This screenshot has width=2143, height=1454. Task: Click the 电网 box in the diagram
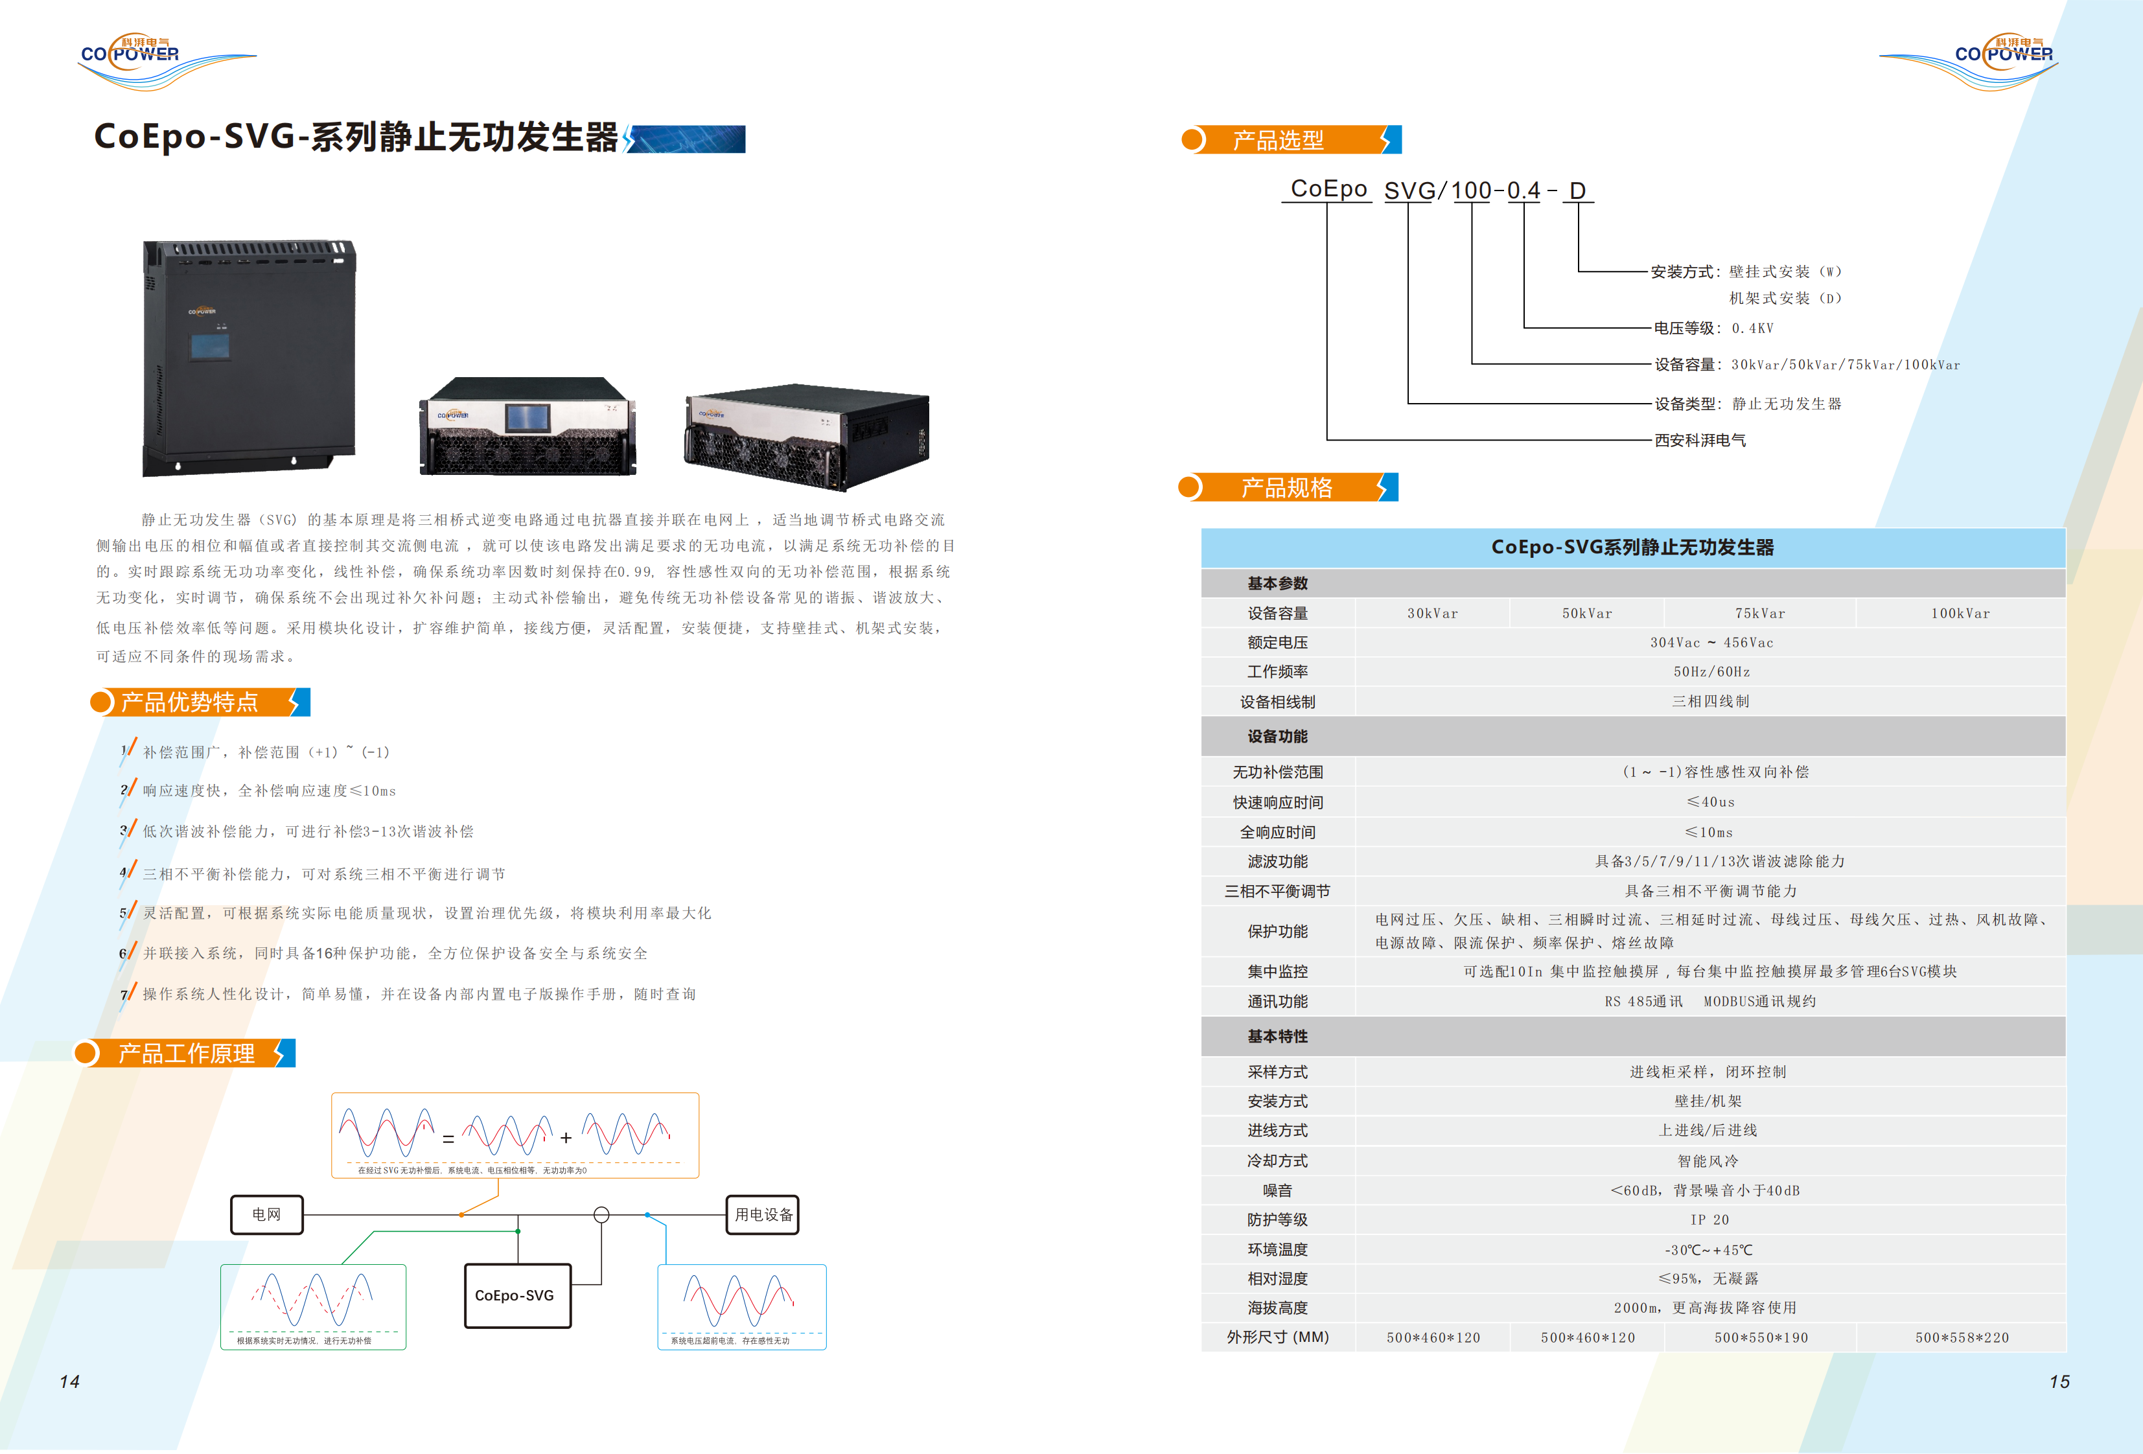(x=266, y=1214)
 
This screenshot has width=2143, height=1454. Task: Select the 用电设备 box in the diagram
(x=763, y=1214)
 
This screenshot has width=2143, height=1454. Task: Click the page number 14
(x=69, y=1381)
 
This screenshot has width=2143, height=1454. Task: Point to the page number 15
(x=2059, y=1381)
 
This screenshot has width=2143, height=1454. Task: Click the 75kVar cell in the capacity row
(x=1759, y=613)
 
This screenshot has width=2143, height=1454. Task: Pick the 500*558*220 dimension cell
(x=1962, y=1337)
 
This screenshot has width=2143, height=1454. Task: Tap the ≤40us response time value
(x=1709, y=802)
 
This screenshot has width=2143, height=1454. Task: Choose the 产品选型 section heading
(x=1278, y=140)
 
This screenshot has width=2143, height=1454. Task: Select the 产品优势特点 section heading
(x=190, y=702)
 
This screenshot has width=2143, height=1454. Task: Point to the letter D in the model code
(x=1578, y=191)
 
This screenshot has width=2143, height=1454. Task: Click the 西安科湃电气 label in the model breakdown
(x=1700, y=441)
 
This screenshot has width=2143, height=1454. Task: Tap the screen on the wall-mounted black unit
(x=209, y=347)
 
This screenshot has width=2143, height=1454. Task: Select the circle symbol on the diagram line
(x=601, y=1214)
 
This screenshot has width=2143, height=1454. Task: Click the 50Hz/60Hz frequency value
(x=1711, y=672)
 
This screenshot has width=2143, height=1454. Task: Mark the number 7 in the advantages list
(x=124, y=995)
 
